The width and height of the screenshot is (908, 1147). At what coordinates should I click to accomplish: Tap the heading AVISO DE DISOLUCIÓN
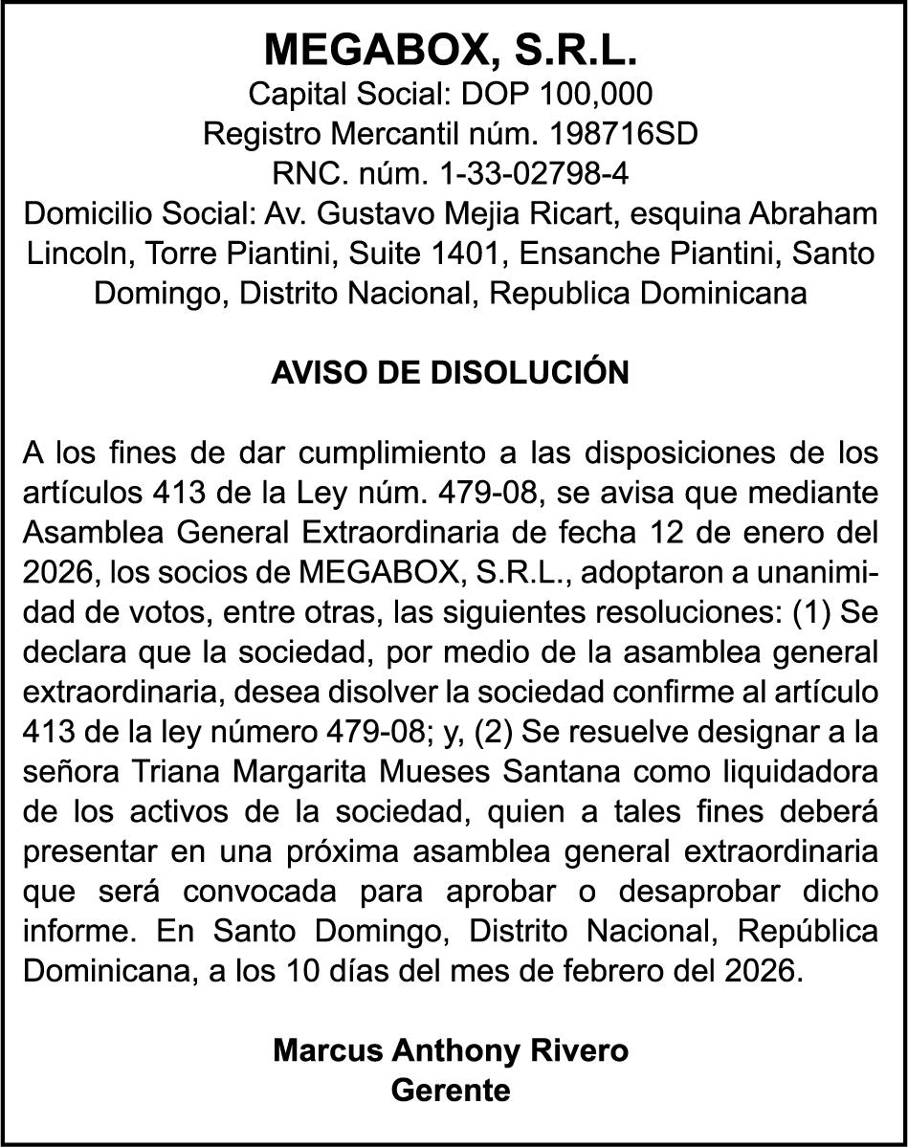[451, 373]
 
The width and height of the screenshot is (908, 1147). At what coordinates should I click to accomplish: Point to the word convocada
[255, 891]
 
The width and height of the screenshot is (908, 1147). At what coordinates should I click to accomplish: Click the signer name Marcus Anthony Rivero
[451, 1050]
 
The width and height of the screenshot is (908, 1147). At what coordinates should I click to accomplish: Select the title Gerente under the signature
[451, 1091]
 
